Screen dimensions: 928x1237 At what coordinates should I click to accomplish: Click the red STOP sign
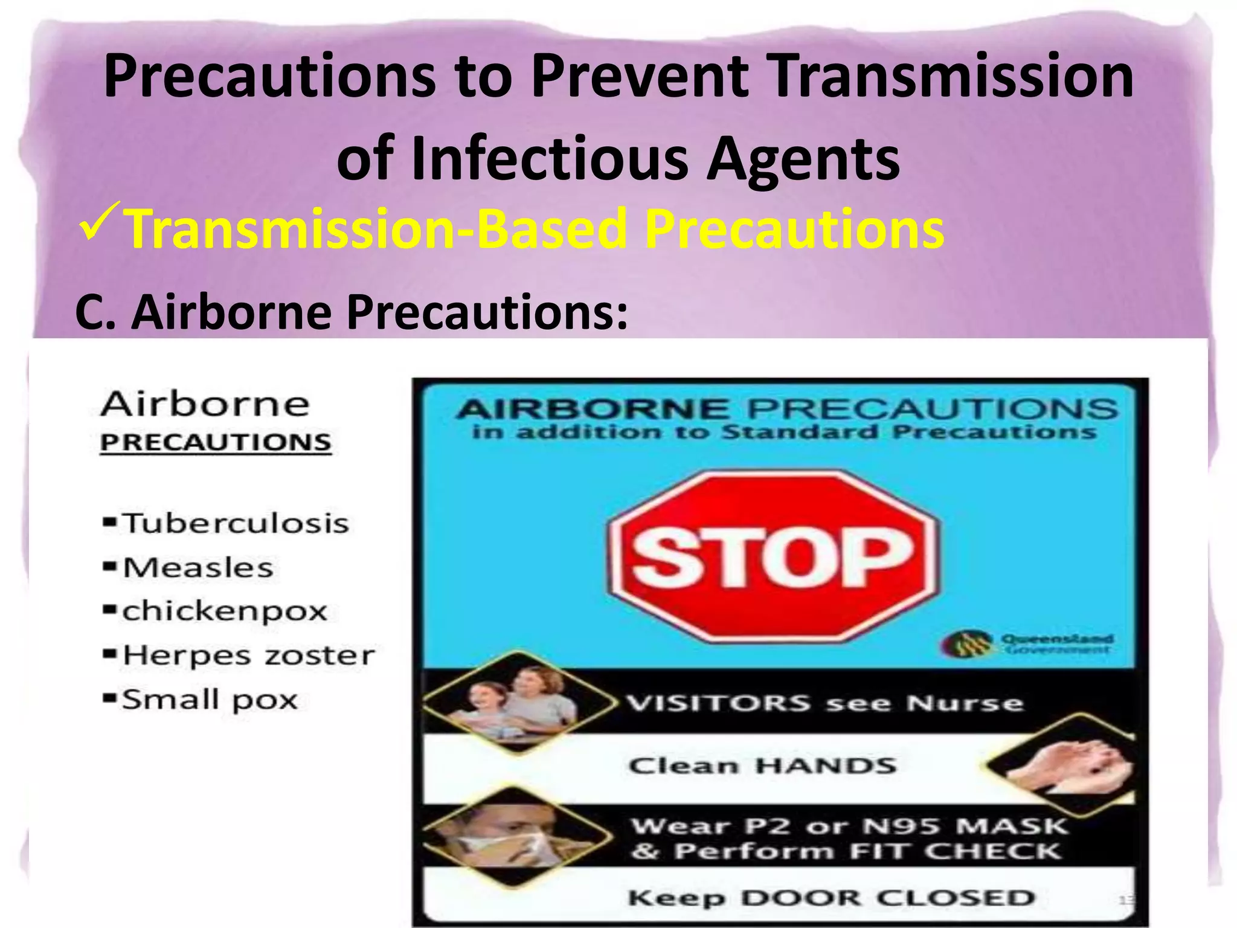(x=773, y=556)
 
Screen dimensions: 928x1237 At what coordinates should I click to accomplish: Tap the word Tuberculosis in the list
(x=236, y=523)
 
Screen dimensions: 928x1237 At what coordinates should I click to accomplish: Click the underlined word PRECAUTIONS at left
(x=216, y=442)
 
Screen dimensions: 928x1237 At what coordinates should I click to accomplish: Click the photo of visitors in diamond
(x=518, y=701)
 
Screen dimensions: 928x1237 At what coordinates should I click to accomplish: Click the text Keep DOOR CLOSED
(x=831, y=898)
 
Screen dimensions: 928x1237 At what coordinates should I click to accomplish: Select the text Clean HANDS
(x=762, y=765)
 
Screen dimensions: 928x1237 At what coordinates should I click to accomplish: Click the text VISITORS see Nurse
(x=824, y=703)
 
